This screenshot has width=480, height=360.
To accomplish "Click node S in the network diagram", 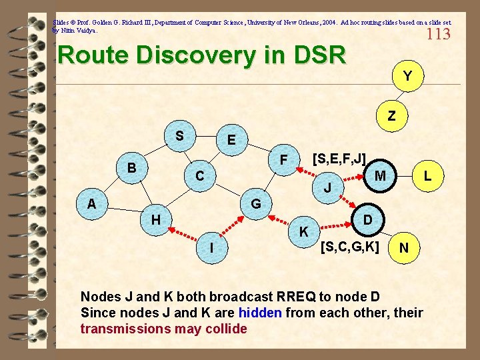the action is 179,135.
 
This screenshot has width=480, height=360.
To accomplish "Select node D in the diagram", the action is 367,219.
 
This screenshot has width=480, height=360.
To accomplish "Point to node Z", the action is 391,115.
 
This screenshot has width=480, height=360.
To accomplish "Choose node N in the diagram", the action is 403,247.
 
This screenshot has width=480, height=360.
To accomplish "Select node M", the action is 380,175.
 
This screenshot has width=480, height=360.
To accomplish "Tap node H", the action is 155,219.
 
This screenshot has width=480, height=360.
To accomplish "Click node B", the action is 132,167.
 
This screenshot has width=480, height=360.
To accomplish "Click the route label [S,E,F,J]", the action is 339,159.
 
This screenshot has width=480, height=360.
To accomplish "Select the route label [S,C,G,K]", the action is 349,247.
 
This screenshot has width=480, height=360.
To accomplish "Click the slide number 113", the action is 438,34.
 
